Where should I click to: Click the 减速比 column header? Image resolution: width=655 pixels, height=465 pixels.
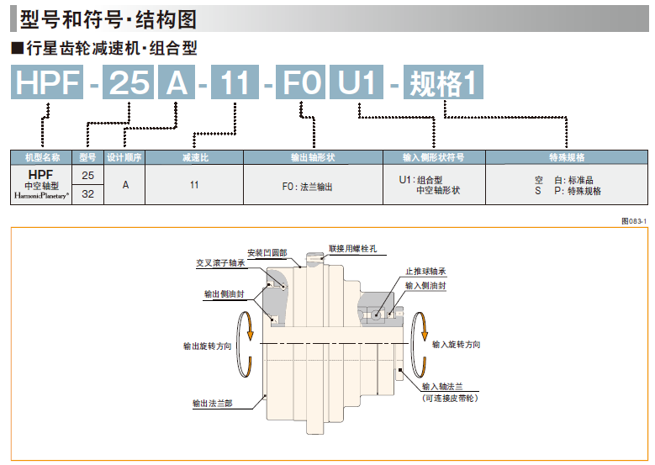pos(194,157)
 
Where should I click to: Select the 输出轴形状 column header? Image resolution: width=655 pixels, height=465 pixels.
pos(313,157)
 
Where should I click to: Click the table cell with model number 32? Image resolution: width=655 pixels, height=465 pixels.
pos(87,193)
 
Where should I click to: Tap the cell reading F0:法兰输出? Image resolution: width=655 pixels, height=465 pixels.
pos(307,186)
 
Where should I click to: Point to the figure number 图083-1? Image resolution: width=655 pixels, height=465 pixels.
pos(632,219)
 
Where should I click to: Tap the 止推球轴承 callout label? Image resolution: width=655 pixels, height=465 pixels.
pos(425,272)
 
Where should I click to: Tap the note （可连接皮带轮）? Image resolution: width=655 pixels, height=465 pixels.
pos(450,398)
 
